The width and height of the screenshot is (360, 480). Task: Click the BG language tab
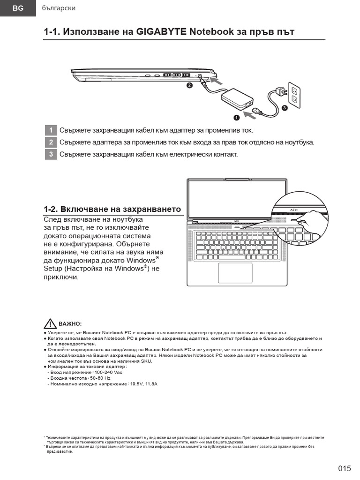coord(17,8)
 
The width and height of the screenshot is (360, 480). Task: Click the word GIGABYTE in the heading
coord(162,32)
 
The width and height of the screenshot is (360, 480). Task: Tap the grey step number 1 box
coord(51,130)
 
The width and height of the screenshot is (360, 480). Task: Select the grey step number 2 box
coord(51,142)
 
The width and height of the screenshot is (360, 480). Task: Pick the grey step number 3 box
coord(51,154)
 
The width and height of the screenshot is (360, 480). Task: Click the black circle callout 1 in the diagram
coord(236,117)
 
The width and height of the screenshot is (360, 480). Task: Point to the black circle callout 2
coord(189,85)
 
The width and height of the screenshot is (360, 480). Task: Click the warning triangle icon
coord(50,323)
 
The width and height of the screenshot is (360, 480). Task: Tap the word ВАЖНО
coord(70,324)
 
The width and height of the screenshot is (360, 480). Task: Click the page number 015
coord(344,468)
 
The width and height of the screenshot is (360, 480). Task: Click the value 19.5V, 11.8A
coord(144,384)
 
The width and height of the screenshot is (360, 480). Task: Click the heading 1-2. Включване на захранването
coord(112,209)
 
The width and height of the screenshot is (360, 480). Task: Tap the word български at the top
coord(59,8)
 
